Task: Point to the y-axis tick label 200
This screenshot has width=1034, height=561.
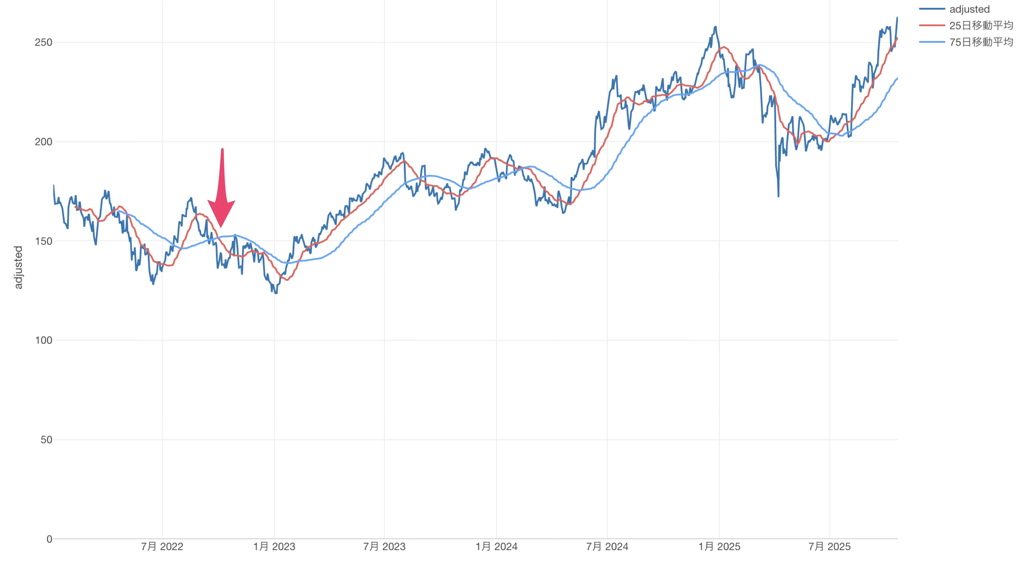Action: (x=43, y=142)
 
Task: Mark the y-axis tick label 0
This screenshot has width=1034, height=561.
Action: (x=49, y=539)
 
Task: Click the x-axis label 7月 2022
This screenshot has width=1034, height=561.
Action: (x=162, y=546)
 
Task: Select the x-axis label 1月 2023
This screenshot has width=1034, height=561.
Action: (x=274, y=546)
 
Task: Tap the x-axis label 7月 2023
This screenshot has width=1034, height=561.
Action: (x=384, y=546)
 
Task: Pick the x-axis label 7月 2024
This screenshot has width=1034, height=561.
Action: (x=607, y=546)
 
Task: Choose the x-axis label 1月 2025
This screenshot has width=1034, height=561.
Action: (x=719, y=546)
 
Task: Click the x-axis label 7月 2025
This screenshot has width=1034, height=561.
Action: (x=829, y=546)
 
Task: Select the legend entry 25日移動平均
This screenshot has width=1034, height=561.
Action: (x=981, y=26)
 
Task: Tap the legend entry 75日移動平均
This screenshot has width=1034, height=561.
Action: (x=981, y=42)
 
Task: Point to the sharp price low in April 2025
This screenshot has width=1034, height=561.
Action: (x=778, y=196)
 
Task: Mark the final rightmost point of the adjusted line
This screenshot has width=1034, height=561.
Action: (x=897, y=18)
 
